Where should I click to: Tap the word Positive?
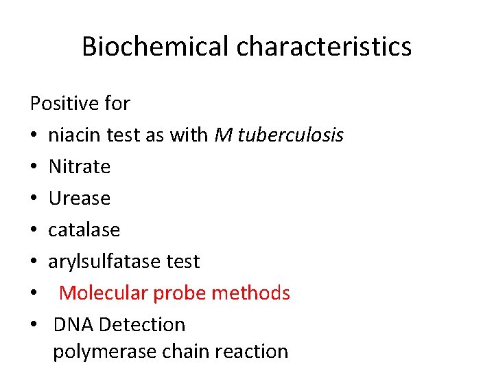coord(64,104)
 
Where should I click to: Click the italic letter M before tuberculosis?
coord(223,135)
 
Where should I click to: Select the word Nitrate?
coord(79,167)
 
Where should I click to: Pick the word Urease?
coord(79,199)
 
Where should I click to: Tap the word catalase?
coord(84,230)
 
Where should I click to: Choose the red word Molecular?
coord(103,293)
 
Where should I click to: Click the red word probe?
coord(180,293)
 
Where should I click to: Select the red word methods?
coord(251,293)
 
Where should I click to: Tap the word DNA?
coord(70,324)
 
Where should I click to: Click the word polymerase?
coord(105,352)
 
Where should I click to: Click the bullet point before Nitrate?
coord(34,168)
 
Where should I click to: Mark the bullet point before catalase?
coord(34,231)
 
